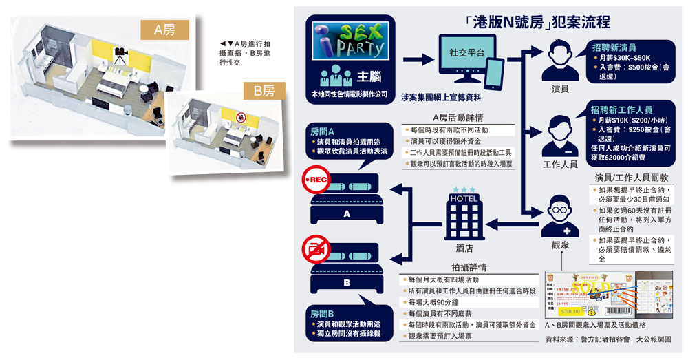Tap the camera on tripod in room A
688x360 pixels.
pyautogui.click(x=120, y=57)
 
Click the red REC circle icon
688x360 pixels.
pyautogui.click(x=317, y=180)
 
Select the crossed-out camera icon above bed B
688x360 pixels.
pyautogui.click(x=317, y=248)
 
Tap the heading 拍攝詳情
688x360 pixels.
pyautogui.click(x=469, y=267)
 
